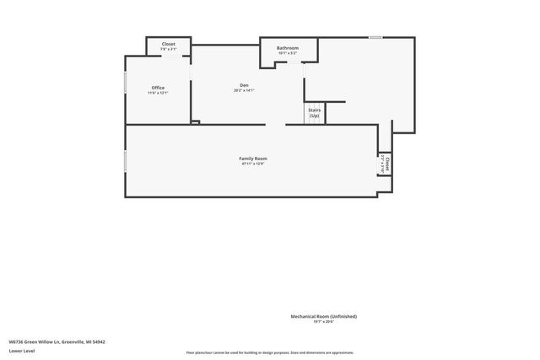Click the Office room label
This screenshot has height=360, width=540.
[158, 88]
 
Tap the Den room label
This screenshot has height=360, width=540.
[244, 85]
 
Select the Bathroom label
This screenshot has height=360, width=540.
[288, 48]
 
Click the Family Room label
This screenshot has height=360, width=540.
[252, 159]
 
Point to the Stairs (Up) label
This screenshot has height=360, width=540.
[314, 112]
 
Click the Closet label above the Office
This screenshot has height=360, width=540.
[169, 43]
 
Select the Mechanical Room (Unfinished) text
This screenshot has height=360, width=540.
[324, 316]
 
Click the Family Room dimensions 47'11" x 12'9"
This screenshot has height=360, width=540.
[252, 164]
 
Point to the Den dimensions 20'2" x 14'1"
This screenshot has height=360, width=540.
[244, 90]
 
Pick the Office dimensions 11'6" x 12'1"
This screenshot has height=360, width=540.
[158, 93]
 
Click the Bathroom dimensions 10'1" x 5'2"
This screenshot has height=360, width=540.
[288, 53]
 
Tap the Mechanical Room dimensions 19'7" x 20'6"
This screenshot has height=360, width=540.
[324, 321]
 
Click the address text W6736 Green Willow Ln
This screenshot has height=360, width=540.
[57, 341]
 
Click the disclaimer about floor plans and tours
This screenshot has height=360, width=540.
[270, 352]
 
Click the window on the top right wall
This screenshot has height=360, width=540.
[375, 37]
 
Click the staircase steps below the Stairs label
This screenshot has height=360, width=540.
[314, 121]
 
